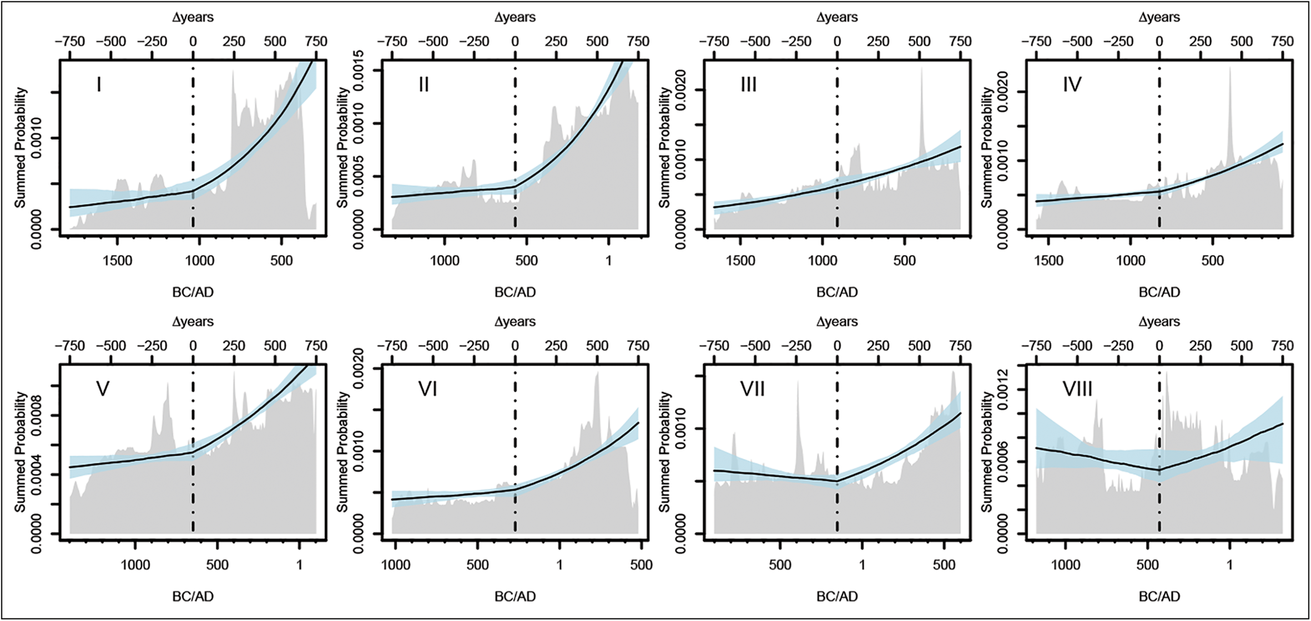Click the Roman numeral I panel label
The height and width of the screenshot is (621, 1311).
pyautogui.click(x=99, y=85)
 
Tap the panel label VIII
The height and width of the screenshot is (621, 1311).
pyautogui.click(x=1077, y=389)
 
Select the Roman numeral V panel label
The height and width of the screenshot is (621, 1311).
pyautogui.click(x=103, y=389)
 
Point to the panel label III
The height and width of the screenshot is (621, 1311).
pyautogui.click(x=748, y=85)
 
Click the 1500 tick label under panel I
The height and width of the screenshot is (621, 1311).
pyautogui.click(x=117, y=261)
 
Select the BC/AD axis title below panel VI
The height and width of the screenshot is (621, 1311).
pyautogui.click(x=515, y=597)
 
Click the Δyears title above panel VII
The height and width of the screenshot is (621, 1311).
pyautogui.click(x=836, y=322)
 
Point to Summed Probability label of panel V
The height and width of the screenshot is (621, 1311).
pyautogui.click(x=21, y=452)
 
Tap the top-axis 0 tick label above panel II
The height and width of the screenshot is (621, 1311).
pyautogui.click(x=515, y=42)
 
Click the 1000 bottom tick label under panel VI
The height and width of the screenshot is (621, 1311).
pyautogui.click(x=396, y=565)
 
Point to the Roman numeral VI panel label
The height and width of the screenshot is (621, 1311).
pyautogui.click(x=427, y=389)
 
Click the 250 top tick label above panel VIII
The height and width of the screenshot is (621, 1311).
pyautogui.click(x=1201, y=346)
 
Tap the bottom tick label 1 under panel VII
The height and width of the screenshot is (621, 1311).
pyautogui.click(x=862, y=565)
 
